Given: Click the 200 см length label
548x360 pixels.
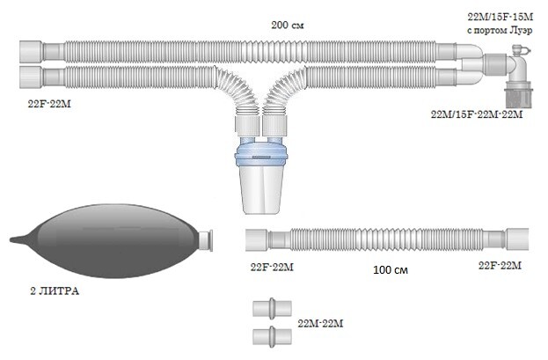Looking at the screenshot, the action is (288, 26).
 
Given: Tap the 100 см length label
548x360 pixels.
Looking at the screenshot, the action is (391, 270).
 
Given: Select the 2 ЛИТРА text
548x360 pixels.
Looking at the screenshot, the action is (55, 291).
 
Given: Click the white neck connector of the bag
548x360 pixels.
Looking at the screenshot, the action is (206, 240).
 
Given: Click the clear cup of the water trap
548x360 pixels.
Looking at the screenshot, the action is (261, 190).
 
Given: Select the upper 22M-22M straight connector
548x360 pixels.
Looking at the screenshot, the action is (272, 309).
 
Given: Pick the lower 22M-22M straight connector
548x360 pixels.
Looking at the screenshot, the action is (272, 337).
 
